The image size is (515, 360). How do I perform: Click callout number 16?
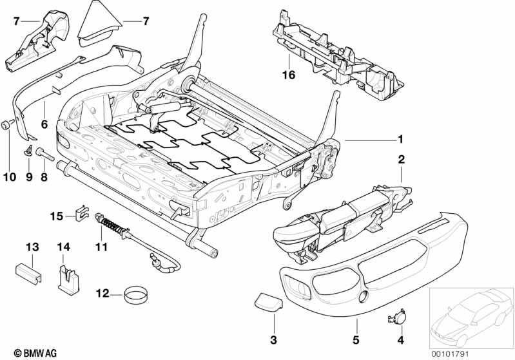[x=287, y=76]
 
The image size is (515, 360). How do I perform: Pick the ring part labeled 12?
[x=135, y=296]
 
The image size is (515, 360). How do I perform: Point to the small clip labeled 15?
[x=81, y=211]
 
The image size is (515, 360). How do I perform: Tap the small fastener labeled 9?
[x=29, y=152]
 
